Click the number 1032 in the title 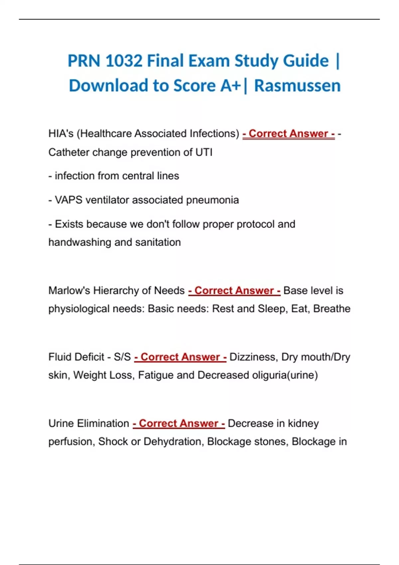pos(124,61)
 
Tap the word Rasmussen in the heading pos(297,86)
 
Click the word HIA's pos(61,134)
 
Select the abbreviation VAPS pos(68,200)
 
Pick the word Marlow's pos(69,290)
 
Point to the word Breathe pos(332,309)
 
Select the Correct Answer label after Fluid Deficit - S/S pos(180,357)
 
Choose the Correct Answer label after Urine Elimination pos(179,423)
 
